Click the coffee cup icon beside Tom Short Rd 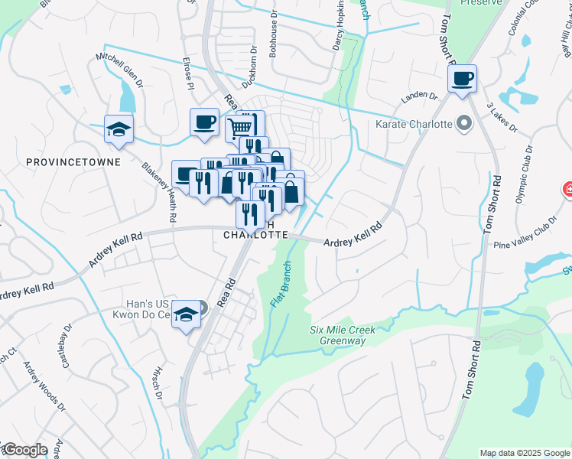462,79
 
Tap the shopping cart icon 240,126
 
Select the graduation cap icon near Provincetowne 119,129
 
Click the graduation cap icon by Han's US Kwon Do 186,314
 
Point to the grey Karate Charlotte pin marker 463,123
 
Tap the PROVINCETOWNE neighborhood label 62,162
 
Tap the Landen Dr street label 420,97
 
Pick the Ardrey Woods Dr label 38,387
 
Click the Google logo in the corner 24,450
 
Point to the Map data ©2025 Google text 524,453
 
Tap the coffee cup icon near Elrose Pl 204,122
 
